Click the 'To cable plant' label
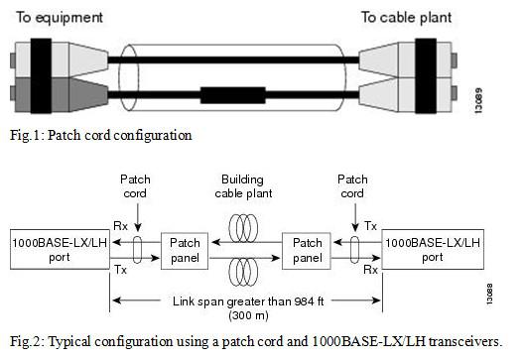tap(405, 17)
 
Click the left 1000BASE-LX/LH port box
tap(43, 249)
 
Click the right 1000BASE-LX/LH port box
tap(433, 249)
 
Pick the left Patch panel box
tap(185, 249)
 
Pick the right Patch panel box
tap(306, 249)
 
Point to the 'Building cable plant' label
tap(245, 185)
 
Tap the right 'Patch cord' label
tap(353, 185)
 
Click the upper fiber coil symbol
tap(245, 222)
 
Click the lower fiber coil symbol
tap(245, 273)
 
